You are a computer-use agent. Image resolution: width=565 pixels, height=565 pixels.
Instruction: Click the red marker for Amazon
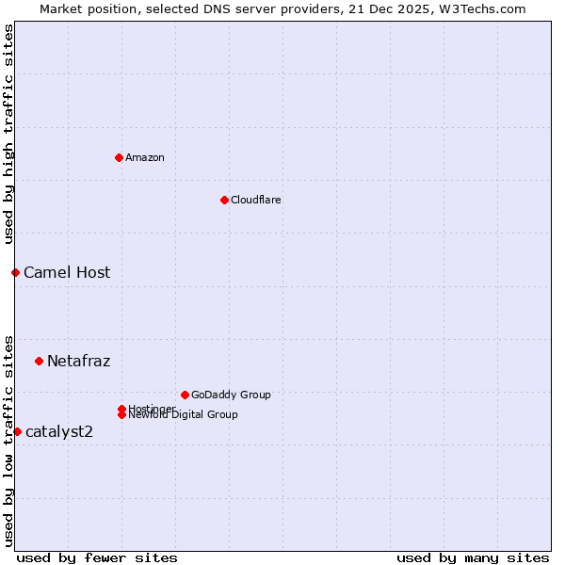pyautogui.click(x=119, y=157)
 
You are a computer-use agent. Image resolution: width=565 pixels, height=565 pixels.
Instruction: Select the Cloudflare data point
pyautogui.click(x=224, y=200)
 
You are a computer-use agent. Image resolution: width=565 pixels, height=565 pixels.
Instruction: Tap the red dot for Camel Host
pyautogui.click(x=15, y=272)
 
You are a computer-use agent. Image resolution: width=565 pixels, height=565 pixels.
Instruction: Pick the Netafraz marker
pyautogui.click(x=39, y=361)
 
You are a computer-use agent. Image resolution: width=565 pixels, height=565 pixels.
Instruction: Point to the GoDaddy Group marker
pyautogui.click(x=185, y=395)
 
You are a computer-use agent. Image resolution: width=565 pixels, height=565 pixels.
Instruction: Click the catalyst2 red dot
pyautogui.click(x=17, y=431)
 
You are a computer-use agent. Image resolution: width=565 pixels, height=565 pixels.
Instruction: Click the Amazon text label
pyautogui.click(x=145, y=157)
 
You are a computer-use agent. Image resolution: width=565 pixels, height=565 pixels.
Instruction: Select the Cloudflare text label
pyautogui.click(x=255, y=200)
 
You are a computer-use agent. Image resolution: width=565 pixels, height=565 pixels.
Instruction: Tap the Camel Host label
pyautogui.click(x=67, y=273)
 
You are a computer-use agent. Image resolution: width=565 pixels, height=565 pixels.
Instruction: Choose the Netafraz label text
pyautogui.click(x=78, y=361)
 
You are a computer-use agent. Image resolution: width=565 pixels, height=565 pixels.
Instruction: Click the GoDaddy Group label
pyautogui.click(x=231, y=395)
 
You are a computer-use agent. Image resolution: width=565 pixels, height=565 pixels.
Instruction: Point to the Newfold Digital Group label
pyautogui.click(x=183, y=414)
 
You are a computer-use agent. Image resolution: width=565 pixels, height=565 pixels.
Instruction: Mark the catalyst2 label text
pyautogui.click(x=59, y=431)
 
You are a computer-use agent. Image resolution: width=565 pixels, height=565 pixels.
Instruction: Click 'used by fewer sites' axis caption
pyautogui.click(x=97, y=557)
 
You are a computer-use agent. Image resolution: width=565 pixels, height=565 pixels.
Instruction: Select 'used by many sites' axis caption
pyautogui.click(x=473, y=557)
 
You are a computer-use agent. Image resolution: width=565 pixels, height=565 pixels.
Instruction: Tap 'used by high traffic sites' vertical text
pyautogui.click(x=8, y=134)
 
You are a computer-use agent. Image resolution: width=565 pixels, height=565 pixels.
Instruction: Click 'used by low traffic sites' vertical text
pyautogui.click(x=8, y=440)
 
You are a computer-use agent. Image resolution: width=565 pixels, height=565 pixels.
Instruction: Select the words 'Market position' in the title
pyautogui.click(x=86, y=8)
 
